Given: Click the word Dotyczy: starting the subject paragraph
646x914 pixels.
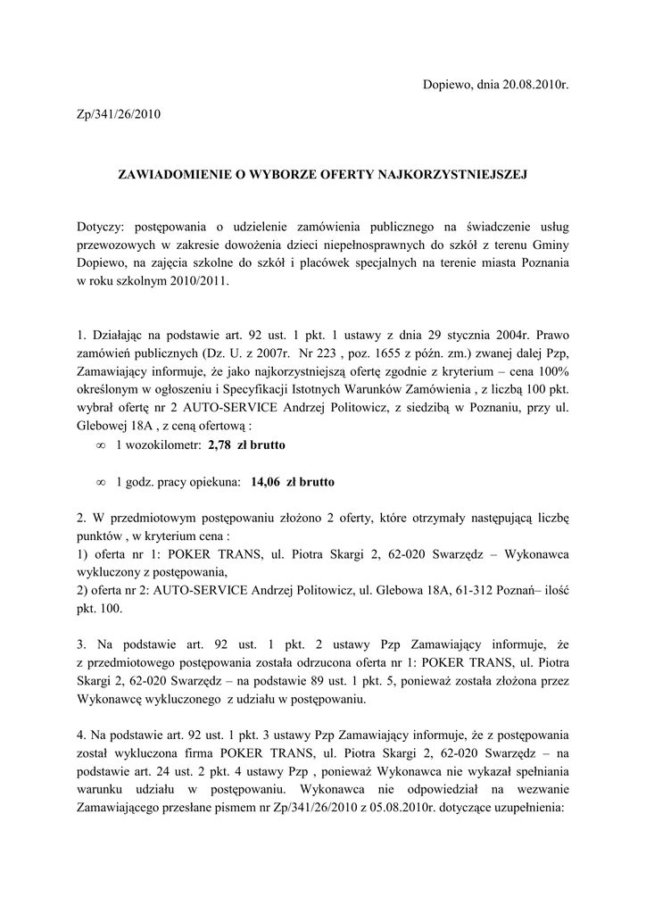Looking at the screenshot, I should (101, 227).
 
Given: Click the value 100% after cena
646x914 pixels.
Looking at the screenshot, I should (551, 370).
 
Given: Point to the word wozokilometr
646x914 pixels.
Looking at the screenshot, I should (163, 444).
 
